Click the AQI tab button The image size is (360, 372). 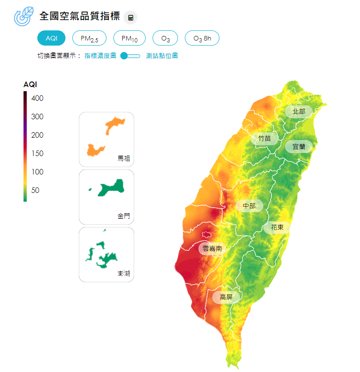click(x=52, y=38)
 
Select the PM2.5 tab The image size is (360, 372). click(x=89, y=39)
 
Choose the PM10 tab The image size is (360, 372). click(x=130, y=39)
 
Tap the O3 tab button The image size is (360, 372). click(x=165, y=39)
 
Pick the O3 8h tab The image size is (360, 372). click(x=202, y=39)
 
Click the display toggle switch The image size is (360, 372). click(x=130, y=56)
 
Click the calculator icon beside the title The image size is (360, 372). click(x=131, y=18)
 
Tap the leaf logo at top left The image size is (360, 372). click(x=24, y=16)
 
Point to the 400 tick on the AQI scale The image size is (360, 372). click(x=37, y=98)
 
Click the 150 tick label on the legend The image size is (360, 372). click(x=37, y=153)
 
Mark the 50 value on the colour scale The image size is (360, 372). click(x=35, y=190)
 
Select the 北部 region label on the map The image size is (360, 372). click(x=299, y=111)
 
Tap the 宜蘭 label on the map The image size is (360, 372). click(x=299, y=147)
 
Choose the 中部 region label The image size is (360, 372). click(x=249, y=206)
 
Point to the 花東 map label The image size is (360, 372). click(x=277, y=227)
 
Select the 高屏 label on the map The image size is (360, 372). click(x=226, y=297)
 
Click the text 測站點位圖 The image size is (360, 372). click(x=162, y=56)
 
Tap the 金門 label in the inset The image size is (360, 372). click(x=124, y=216)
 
